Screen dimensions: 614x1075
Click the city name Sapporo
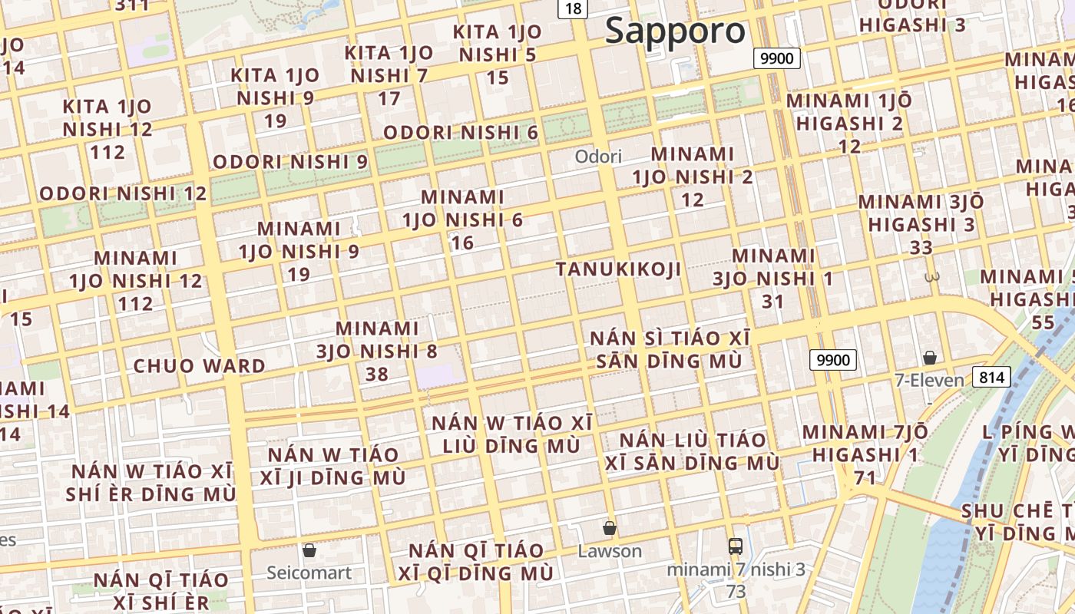click(x=675, y=31)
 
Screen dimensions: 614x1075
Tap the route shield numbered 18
click(x=573, y=8)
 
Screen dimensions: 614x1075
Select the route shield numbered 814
click(x=991, y=377)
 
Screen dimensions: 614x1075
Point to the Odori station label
click(x=598, y=157)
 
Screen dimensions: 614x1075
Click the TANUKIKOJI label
click(x=618, y=269)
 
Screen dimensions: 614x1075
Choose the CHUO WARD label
click(x=200, y=366)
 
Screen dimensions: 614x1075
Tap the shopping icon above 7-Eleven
click(x=929, y=358)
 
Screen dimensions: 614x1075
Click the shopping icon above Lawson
click(x=609, y=528)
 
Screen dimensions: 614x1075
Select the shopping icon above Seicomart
click(x=309, y=550)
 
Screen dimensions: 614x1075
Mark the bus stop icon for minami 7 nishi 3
click(x=736, y=546)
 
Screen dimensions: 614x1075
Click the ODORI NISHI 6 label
click(x=461, y=133)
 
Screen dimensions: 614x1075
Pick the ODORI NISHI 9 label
click(x=290, y=163)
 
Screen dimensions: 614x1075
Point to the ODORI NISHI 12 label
click(x=123, y=193)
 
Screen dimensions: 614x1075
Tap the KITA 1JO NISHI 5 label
click(x=498, y=54)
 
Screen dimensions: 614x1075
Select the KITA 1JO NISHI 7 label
click(x=389, y=75)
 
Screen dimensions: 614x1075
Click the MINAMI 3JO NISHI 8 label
click(x=377, y=351)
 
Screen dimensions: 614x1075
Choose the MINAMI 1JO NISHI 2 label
click(x=693, y=177)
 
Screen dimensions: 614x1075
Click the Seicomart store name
click(x=309, y=573)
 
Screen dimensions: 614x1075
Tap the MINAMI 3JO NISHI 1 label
click(x=773, y=278)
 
